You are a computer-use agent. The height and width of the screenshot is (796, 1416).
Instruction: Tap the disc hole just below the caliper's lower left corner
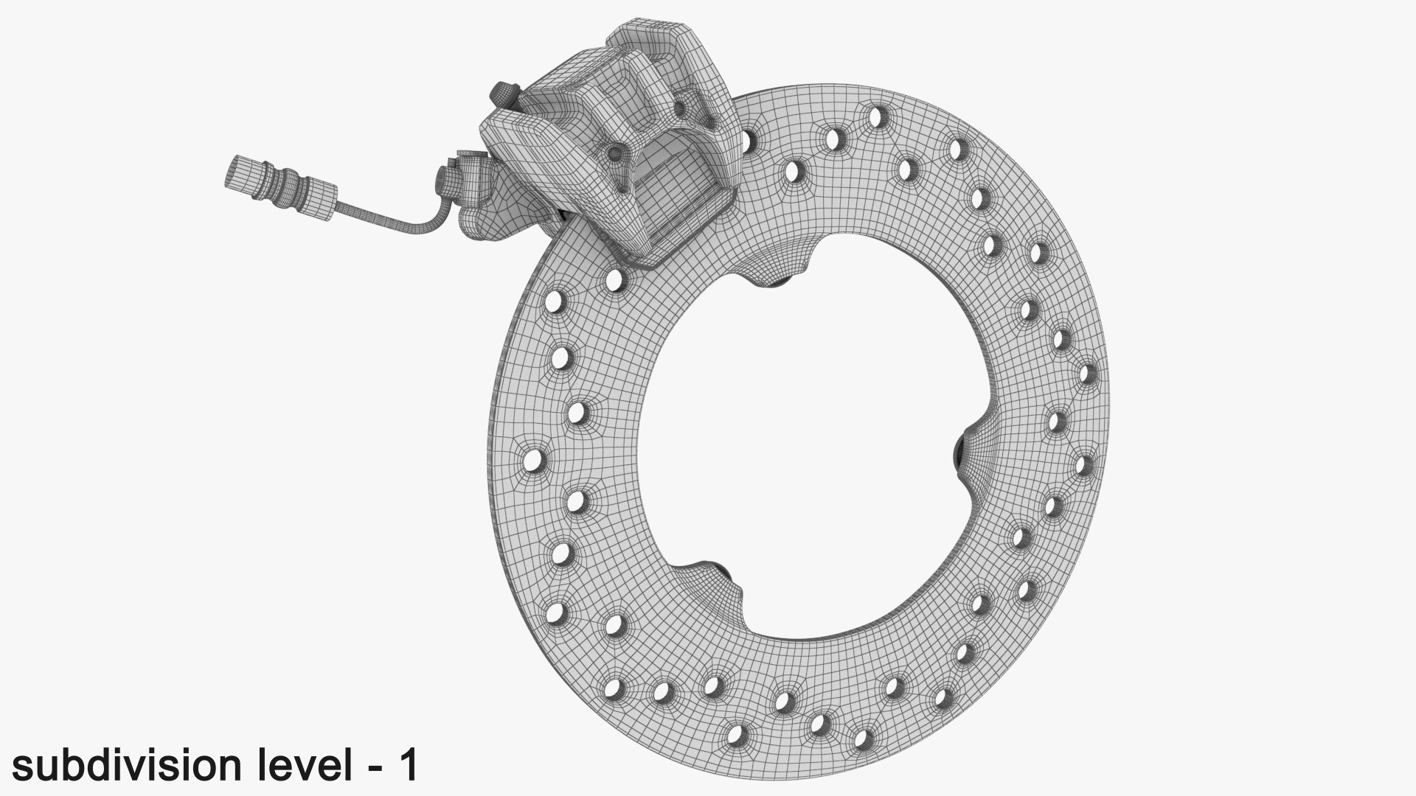click(614, 280)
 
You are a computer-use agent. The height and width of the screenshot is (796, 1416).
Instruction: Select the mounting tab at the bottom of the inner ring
click(712, 582)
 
